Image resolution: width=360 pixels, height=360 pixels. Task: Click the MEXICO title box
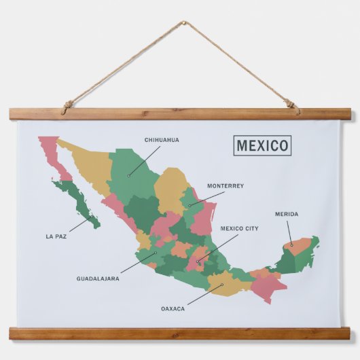(x=262, y=145)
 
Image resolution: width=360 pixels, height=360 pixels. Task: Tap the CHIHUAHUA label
(x=162, y=140)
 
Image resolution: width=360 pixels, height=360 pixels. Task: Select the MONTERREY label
(x=226, y=185)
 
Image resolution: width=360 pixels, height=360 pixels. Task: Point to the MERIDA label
(x=286, y=215)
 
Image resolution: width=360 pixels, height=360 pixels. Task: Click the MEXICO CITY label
(x=239, y=229)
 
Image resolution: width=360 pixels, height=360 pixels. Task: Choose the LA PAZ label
(x=56, y=236)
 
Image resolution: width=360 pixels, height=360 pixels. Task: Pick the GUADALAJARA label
(x=98, y=278)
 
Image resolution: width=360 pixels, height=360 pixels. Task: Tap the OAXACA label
(x=173, y=308)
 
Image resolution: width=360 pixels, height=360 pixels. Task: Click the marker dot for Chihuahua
(x=128, y=175)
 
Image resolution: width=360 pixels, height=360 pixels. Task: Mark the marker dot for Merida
(x=291, y=245)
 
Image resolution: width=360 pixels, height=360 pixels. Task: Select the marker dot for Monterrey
(x=190, y=204)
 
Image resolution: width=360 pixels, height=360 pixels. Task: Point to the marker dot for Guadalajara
(x=155, y=254)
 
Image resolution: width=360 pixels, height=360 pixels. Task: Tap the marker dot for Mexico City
(x=198, y=262)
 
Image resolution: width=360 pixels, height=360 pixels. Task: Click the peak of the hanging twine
(x=183, y=23)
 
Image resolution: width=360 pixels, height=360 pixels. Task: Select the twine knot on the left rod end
(x=67, y=106)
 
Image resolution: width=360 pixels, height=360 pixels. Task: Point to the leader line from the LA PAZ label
(x=79, y=224)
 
